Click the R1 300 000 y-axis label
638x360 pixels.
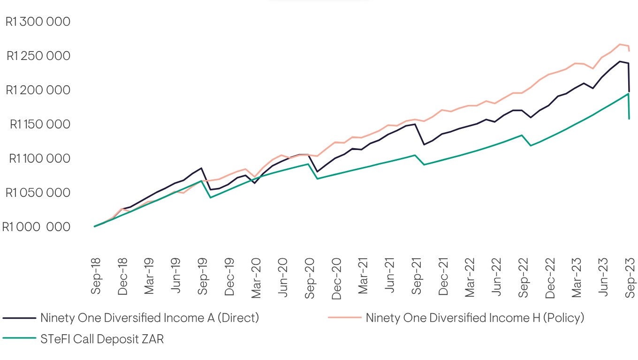[x=38, y=22]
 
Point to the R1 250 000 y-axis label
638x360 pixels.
[x=38, y=56]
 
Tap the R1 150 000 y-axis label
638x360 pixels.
[x=40, y=124]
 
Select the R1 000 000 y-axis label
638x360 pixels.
[x=36, y=227]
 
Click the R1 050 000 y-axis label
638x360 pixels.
[x=38, y=193]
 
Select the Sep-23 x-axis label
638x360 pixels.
[x=630, y=278]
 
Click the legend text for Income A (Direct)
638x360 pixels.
[x=150, y=318]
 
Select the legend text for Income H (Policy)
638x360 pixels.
[x=475, y=318]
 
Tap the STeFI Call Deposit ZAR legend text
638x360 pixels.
[x=102, y=339]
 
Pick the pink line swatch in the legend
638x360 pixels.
[x=345, y=318]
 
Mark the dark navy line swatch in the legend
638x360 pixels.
[x=19, y=318]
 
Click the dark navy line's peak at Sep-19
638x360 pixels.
[x=201, y=168]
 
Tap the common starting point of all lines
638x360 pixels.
[x=95, y=226]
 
